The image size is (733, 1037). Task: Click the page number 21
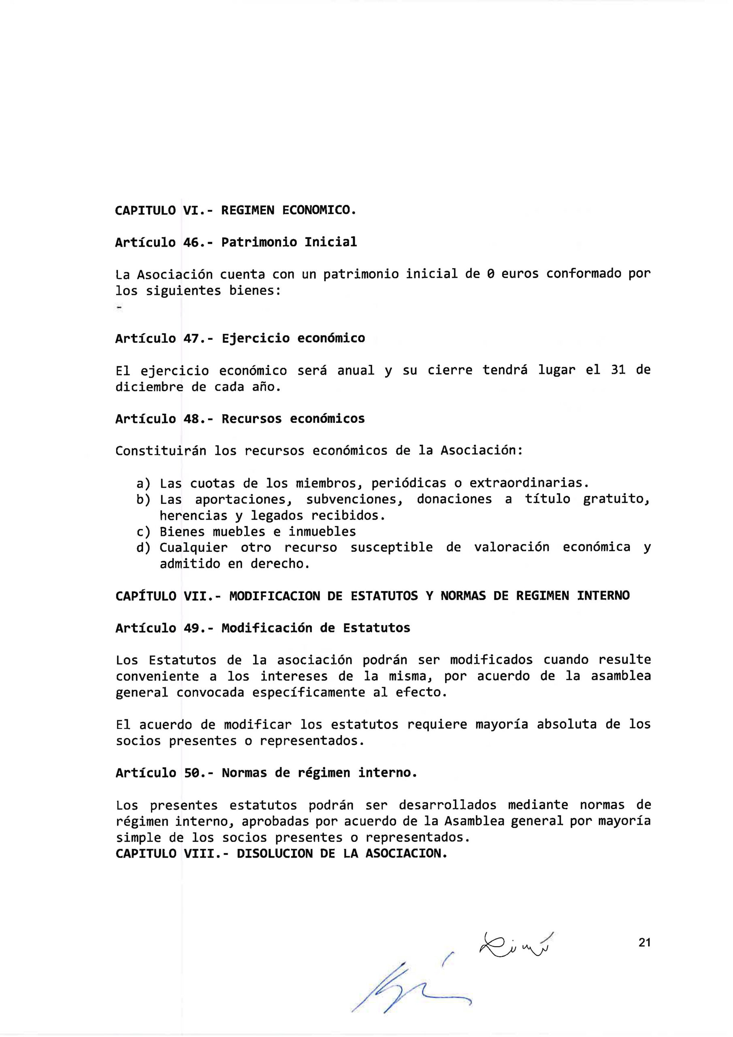(644, 942)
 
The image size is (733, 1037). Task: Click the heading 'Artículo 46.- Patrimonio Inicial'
(236, 243)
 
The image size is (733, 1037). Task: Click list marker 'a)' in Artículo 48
(143, 483)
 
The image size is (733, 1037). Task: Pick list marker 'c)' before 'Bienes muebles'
(143, 531)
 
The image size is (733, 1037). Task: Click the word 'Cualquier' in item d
(194, 547)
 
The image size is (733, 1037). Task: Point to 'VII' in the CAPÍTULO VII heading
(195, 596)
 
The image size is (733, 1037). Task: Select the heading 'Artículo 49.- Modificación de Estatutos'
(263, 628)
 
